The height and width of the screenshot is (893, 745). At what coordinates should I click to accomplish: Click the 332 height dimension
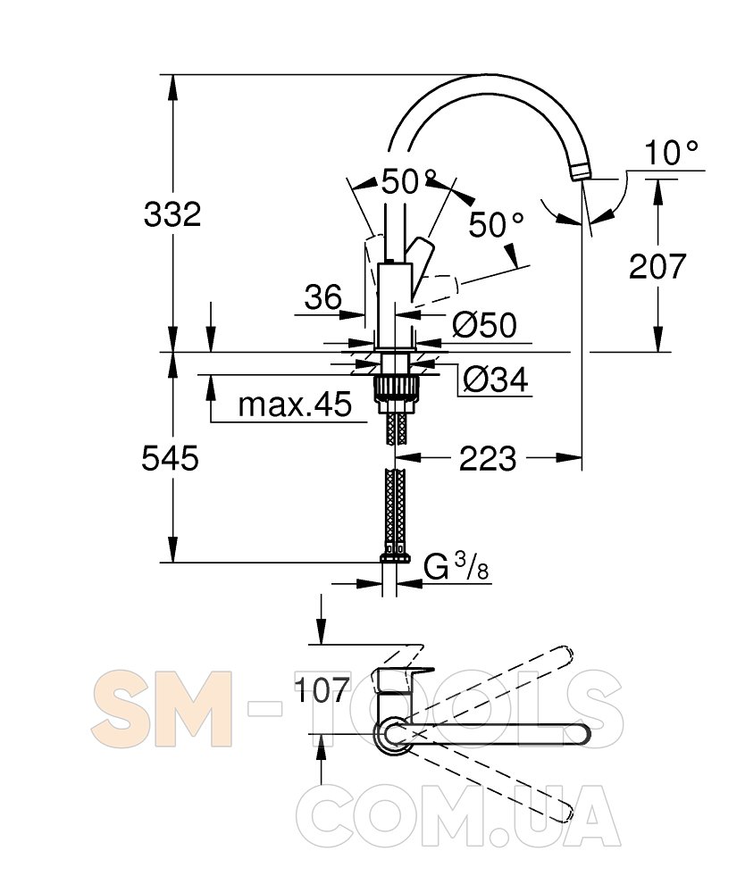point(172,215)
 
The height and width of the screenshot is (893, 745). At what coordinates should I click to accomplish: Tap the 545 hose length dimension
point(171,458)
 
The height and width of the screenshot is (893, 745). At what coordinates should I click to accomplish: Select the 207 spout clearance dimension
point(657,266)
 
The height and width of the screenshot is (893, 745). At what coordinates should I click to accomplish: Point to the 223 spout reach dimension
point(488,458)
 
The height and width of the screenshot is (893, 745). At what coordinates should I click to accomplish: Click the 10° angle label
point(672,153)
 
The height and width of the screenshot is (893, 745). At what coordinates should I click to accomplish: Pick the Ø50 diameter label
point(485,325)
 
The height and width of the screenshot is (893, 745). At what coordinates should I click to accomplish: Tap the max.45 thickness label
point(295,405)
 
